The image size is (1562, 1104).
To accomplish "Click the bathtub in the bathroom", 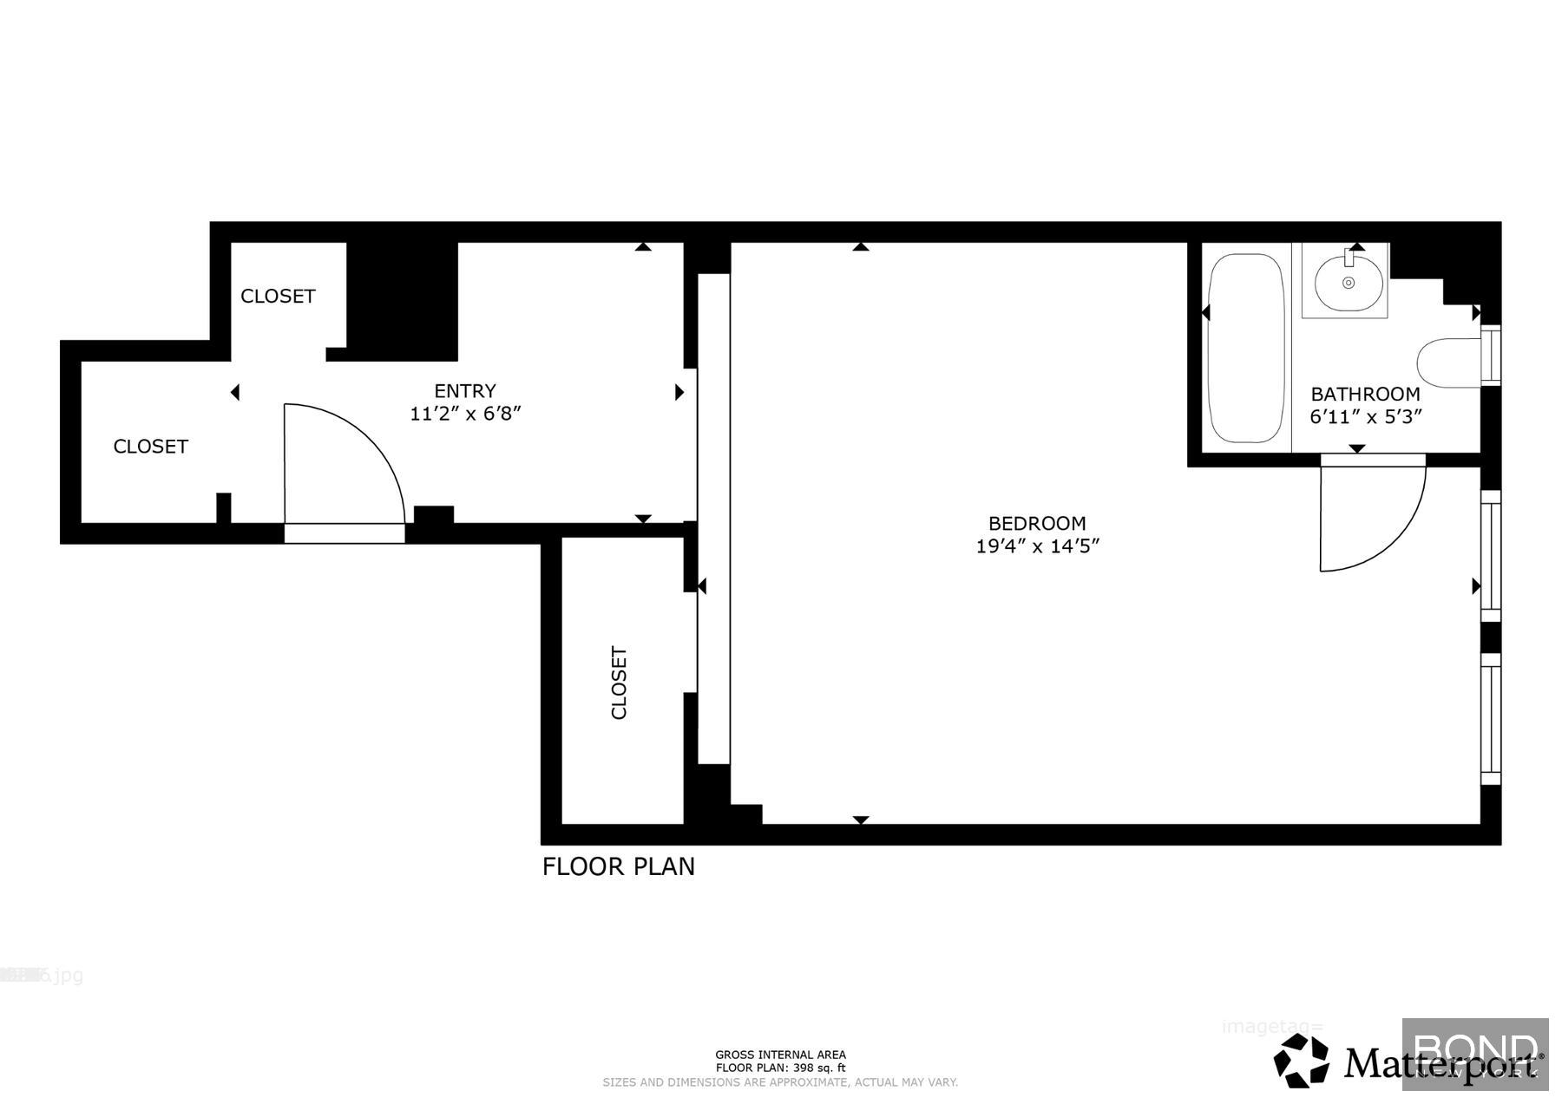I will tap(1246, 348).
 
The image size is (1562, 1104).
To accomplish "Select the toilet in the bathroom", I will tap(1449, 362).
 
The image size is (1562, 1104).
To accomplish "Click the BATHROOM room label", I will tap(1365, 394).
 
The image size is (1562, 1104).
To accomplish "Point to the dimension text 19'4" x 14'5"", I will tap(1038, 546).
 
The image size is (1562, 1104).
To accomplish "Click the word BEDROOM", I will tap(1037, 523).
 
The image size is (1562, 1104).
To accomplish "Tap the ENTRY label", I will tap(465, 390).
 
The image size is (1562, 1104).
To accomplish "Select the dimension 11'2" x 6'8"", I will tap(465, 414).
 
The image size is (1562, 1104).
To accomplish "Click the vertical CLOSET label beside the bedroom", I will tap(619, 683).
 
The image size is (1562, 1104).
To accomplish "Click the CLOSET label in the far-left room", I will tap(151, 446).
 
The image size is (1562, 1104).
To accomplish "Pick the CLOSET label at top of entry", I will tap(278, 296).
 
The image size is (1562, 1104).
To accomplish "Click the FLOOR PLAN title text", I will tap(619, 866).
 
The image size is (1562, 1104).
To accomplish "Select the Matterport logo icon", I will tap(1301, 1060).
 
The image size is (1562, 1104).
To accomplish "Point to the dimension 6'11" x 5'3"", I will tap(1365, 417).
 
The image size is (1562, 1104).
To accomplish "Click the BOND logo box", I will tap(1474, 1054).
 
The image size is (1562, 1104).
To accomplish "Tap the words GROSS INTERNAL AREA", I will tap(780, 1055).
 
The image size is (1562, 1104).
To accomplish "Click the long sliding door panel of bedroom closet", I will tap(713, 519).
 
